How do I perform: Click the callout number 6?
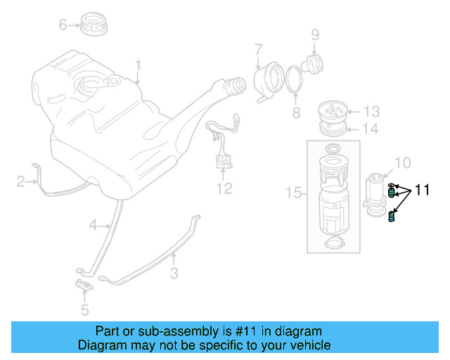coord(63,25)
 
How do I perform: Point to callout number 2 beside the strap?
coord(21,183)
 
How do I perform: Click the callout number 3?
coord(174,274)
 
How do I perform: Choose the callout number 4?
coord(93,225)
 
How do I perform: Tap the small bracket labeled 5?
coord(84,285)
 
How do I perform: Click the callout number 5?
coord(84,309)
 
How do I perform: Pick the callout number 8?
coord(296,112)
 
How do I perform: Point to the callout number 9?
coord(315,34)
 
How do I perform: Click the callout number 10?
coord(402,163)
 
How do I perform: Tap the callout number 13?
coord(371,111)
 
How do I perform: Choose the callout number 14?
coord(371,129)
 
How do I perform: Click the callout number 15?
coord(293,193)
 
